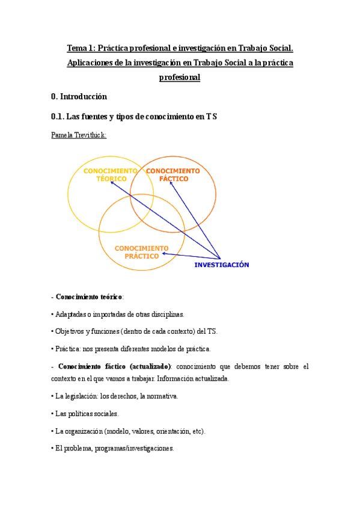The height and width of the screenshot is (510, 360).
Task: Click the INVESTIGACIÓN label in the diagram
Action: point(221,265)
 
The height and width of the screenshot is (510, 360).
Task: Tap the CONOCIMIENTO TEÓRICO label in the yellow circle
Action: point(110,175)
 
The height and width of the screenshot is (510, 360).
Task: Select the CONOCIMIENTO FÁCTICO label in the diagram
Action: point(172,175)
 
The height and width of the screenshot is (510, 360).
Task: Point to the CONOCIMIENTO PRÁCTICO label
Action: point(142,252)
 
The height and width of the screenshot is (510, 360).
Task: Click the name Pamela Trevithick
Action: point(79,135)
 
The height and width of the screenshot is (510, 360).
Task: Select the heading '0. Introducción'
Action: point(79,96)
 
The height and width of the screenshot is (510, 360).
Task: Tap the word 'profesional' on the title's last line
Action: point(180,78)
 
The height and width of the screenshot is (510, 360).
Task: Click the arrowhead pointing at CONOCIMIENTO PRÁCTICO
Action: point(165,254)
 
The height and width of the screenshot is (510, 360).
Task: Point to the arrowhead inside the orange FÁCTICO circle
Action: point(170,183)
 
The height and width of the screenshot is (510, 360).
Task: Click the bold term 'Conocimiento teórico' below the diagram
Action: point(89,297)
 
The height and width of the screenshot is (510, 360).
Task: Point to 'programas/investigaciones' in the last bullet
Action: point(137,449)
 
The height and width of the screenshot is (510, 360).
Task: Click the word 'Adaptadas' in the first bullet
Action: point(70,315)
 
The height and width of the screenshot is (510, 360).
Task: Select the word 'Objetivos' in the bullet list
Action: point(69,332)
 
